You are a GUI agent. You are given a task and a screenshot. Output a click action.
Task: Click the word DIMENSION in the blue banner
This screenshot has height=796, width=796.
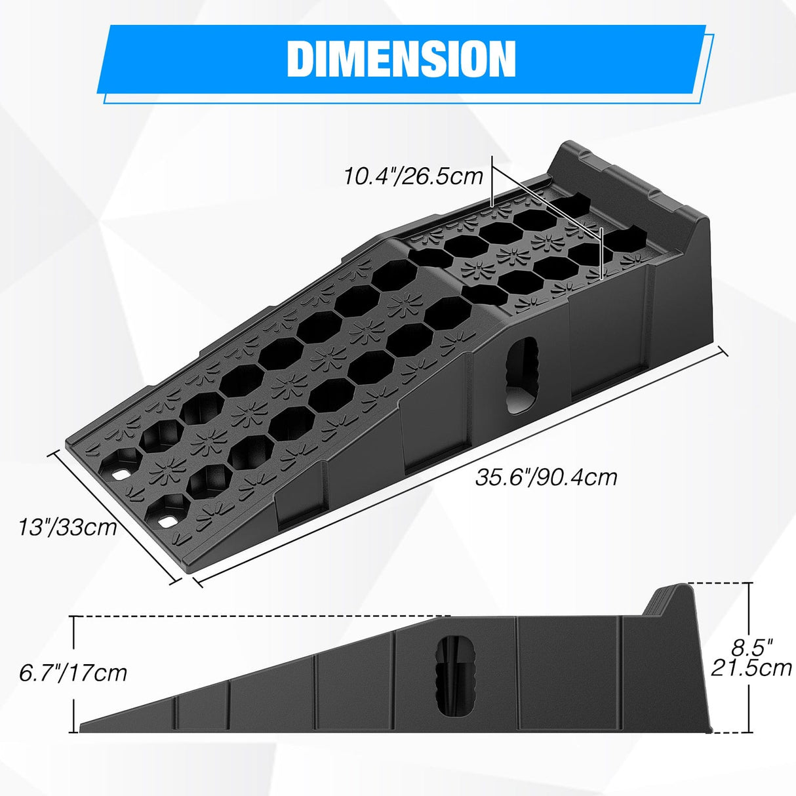pyautogui.click(x=401, y=60)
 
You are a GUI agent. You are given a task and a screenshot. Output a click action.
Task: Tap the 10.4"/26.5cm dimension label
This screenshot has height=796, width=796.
pyautogui.click(x=414, y=176)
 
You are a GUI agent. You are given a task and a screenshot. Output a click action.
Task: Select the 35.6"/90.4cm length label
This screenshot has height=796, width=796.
pyautogui.click(x=546, y=477)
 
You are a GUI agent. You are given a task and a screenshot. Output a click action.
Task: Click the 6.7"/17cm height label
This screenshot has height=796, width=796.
pyautogui.click(x=72, y=672)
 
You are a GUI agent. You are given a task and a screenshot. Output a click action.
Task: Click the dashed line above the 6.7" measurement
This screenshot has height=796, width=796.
pyautogui.click(x=262, y=616)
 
